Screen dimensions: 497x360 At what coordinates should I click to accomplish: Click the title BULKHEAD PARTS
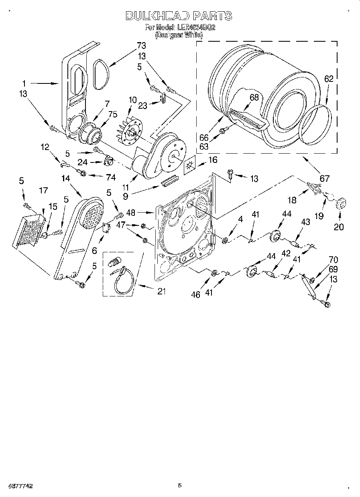click(x=179, y=16)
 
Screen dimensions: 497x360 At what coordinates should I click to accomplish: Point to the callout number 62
click(x=329, y=79)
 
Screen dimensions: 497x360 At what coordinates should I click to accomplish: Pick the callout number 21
click(x=161, y=292)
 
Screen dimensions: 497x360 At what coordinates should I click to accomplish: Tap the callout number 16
click(x=213, y=160)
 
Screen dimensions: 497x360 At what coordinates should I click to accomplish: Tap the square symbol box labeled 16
click(x=190, y=165)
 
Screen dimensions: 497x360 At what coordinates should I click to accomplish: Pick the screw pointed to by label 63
click(x=224, y=130)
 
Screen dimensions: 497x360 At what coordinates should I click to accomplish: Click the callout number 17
click(x=43, y=191)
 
